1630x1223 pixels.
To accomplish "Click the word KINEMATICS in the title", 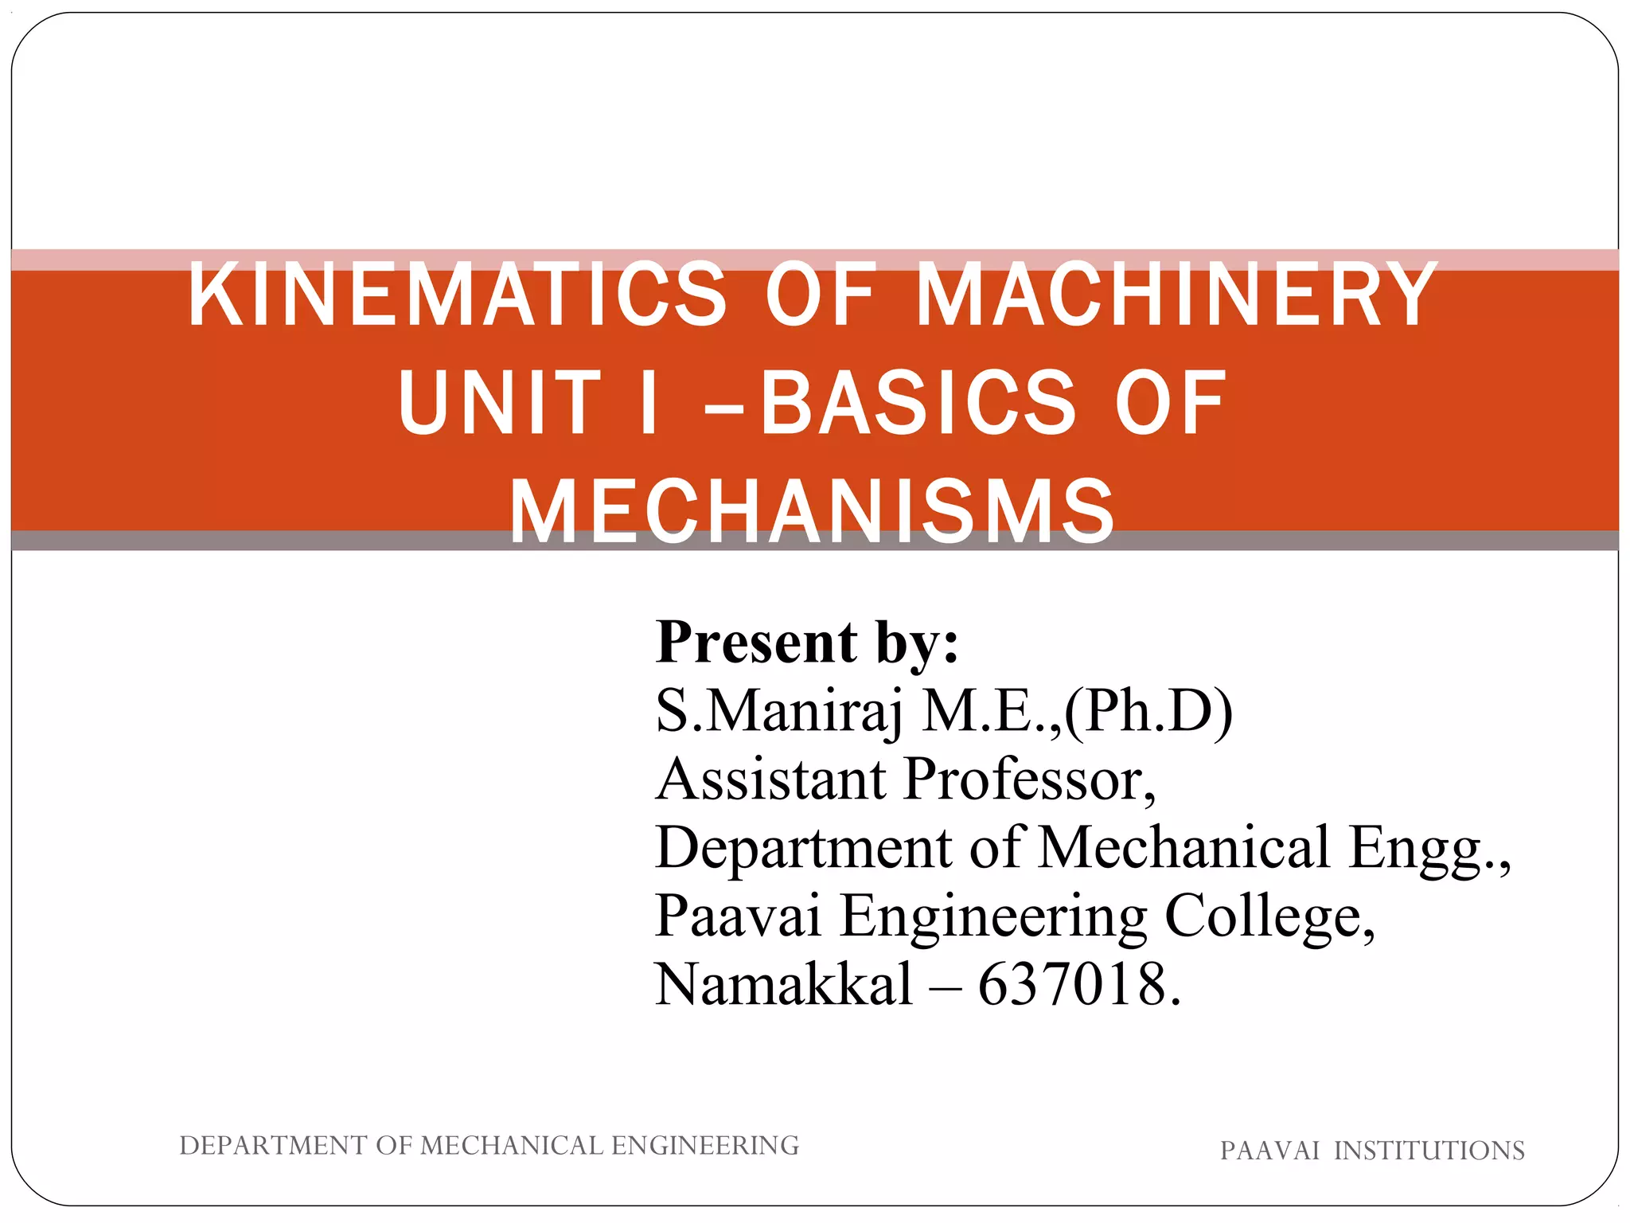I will coord(458,296).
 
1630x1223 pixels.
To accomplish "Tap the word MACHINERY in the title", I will coord(1177,296).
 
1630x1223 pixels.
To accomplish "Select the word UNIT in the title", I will coord(499,404).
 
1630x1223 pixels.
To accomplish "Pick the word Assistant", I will coord(770,779).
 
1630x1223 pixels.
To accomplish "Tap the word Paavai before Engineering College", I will coord(738,916).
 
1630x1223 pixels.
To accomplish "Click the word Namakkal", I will coord(783,984).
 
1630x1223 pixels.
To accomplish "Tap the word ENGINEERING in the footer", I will coord(704,1146).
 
